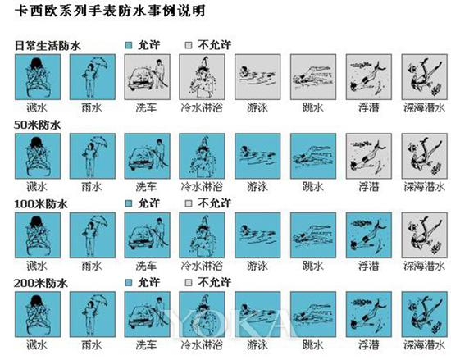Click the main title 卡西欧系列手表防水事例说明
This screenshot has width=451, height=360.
coord(110,11)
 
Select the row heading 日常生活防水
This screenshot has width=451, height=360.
coord(48,46)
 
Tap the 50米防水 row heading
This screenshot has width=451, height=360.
coord(38,125)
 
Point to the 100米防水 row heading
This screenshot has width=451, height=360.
coord(41,204)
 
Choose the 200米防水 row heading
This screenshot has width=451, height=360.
coord(41,283)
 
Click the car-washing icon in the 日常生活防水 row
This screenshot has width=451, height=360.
coord(148,77)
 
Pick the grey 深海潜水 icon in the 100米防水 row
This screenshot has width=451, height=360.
coord(425,235)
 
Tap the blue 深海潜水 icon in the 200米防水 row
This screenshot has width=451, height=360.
coord(425,314)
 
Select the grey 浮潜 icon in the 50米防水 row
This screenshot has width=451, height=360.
coord(369,156)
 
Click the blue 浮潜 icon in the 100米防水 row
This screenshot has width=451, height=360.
coord(369,235)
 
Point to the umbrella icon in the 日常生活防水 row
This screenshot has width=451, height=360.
coord(93,77)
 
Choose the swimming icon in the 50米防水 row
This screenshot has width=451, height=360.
coord(257,156)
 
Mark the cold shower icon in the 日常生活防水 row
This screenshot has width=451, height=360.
coord(202,77)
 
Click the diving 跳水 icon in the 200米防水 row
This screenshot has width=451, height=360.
coord(313,314)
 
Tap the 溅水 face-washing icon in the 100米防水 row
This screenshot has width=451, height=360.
coord(38,235)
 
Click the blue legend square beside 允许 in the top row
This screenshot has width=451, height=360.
coord(129,45)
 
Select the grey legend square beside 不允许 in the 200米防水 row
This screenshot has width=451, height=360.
coord(189,283)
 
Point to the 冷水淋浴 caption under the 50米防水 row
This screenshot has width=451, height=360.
coord(202,187)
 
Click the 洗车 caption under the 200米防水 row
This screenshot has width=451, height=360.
coord(147,345)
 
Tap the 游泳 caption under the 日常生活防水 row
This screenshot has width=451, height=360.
coord(257,108)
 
